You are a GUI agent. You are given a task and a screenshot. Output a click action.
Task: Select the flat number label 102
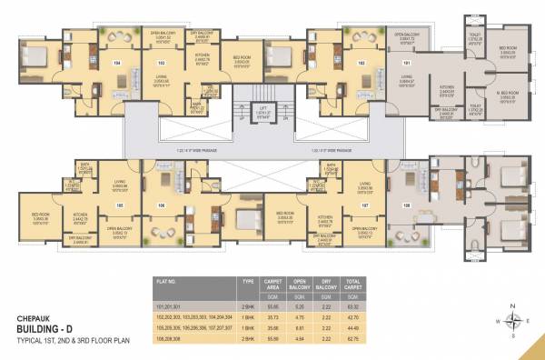point(361,64)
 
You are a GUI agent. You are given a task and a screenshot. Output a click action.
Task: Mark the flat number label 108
point(405,180)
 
